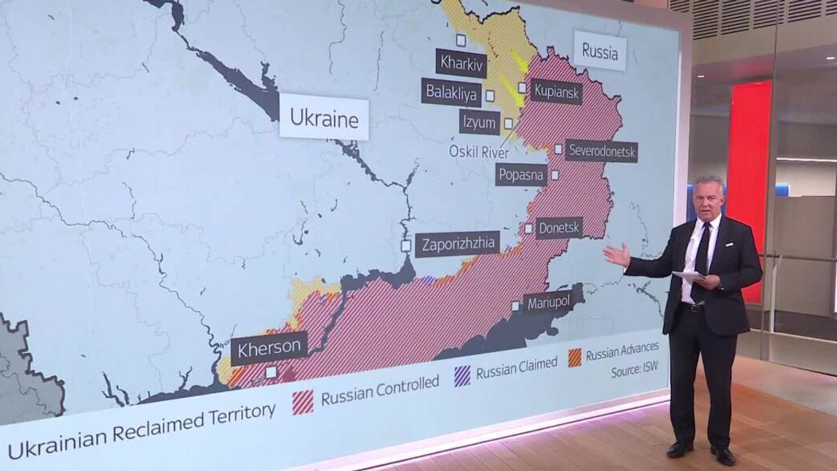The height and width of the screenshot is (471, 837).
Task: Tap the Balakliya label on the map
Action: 451,93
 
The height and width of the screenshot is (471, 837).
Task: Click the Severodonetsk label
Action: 602,151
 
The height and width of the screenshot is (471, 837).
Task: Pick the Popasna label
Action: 521,174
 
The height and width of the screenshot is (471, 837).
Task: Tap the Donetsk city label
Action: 559,228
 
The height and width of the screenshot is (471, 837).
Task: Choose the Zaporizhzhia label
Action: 458,244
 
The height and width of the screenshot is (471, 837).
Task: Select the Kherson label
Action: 269,347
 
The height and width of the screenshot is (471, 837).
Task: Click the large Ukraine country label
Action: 324,119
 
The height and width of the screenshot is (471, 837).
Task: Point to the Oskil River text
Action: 479,152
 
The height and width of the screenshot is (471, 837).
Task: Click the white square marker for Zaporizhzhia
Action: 406,245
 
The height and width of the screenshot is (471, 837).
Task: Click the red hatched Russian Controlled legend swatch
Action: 303,402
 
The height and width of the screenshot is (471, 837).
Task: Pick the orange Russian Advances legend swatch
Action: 575,357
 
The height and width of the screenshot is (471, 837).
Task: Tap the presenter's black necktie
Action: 701,262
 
